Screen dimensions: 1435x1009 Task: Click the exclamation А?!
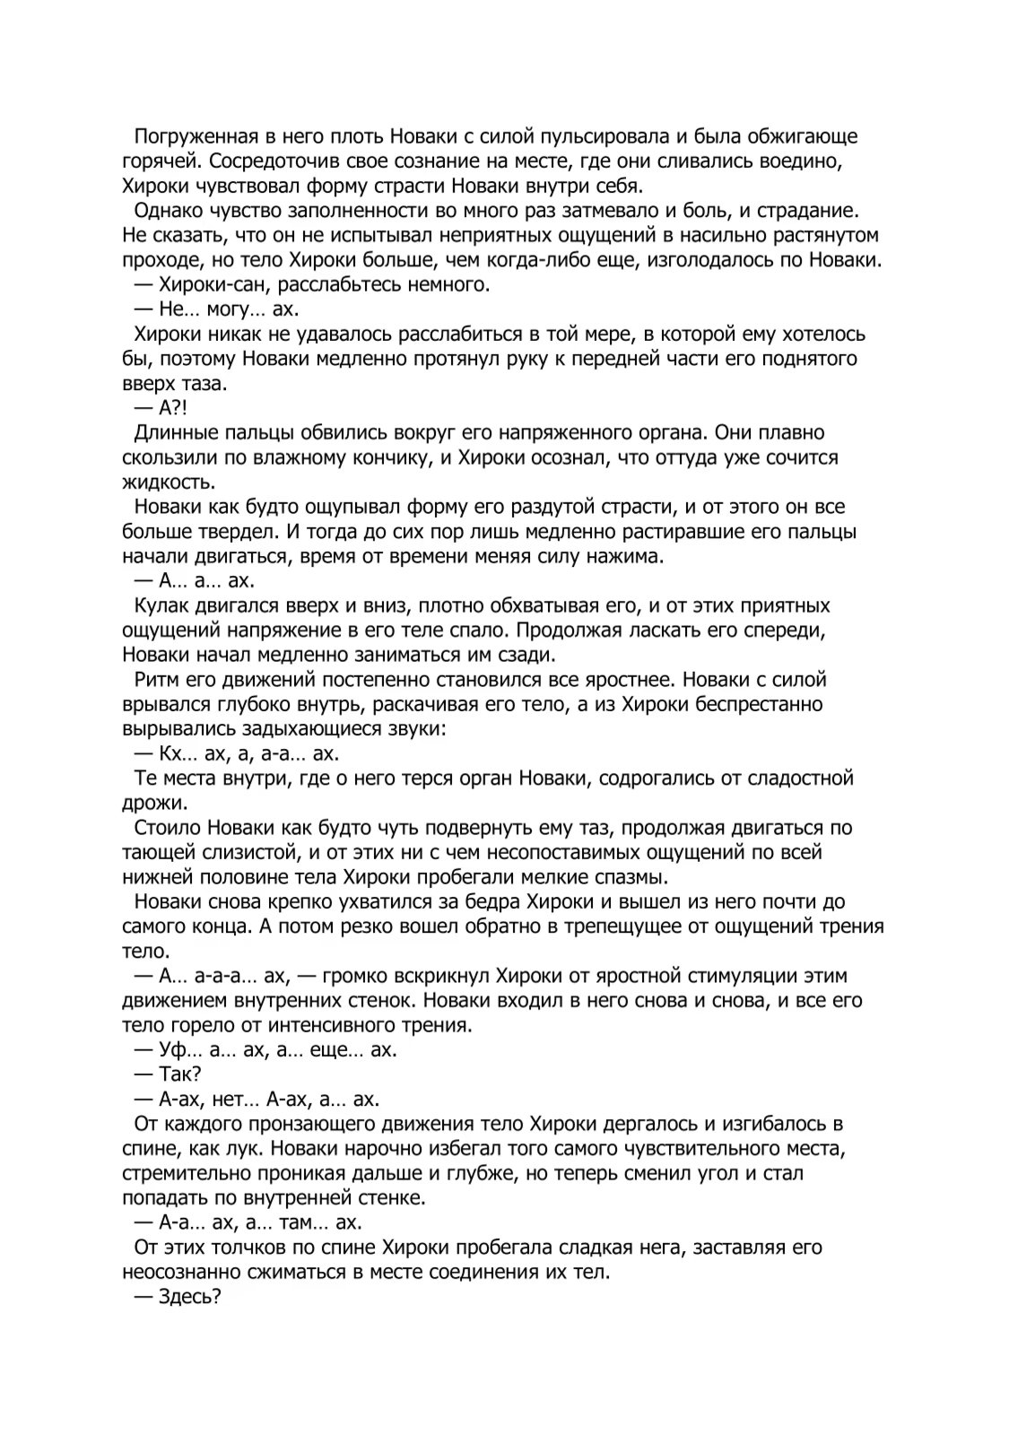pyautogui.click(x=170, y=408)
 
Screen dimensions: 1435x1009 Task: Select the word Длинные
pyautogui.click(x=177, y=432)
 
